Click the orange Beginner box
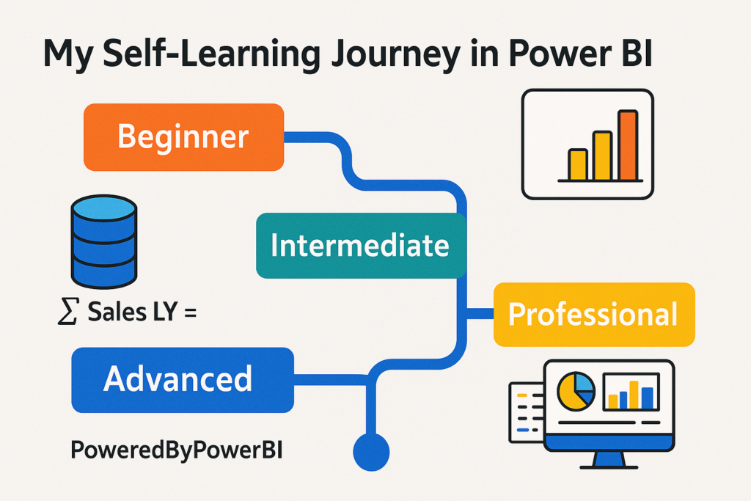(184, 137)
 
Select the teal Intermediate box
(361, 246)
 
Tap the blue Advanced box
(183, 380)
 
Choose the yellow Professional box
(594, 314)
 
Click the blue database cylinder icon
(104, 241)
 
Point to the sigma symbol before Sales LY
(67, 311)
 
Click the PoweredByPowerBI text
(176, 450)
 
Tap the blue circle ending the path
(371, 452)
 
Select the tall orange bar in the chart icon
(628, 145)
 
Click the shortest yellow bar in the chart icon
(578, 165)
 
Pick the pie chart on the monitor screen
(576, 392)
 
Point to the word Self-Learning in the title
(211, 54)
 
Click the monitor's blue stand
(609, 460)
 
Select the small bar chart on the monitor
(631, 392)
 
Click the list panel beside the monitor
(526, 412)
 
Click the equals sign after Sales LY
(190, 313)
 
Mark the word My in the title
(67, 55)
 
